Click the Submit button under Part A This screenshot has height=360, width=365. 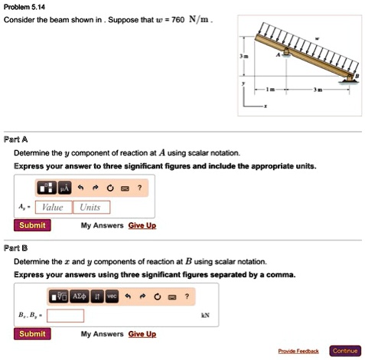pyautogui.click(x=32, y=225)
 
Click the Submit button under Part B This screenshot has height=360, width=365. pyautogui.click(x=32, y=333)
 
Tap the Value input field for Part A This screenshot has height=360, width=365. pyautogui.click(x=53, y=207)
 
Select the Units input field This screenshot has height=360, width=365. pyautogui.click(x=90, y=207)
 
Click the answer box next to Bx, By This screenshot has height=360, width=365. pyautogui.click(x=65, y=315)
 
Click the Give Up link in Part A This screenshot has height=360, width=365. pyautogui.click(x=142, y=225)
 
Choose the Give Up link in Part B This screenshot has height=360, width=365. pyautogui.click(x=142, y=334)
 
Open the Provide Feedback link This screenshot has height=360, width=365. pyautogui.click(x=298, y=351)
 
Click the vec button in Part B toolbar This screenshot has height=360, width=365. pyautogui.click(x=112, y=296)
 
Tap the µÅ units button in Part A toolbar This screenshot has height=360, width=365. pyautogui.click(x=64, y=187)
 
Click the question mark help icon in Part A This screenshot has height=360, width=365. pyautogui.click(x=139, y=187)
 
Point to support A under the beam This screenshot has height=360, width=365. pyautogui.click(x=286, y=53)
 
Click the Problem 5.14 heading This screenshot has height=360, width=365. pyautogui.click(x=24, y=6)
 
